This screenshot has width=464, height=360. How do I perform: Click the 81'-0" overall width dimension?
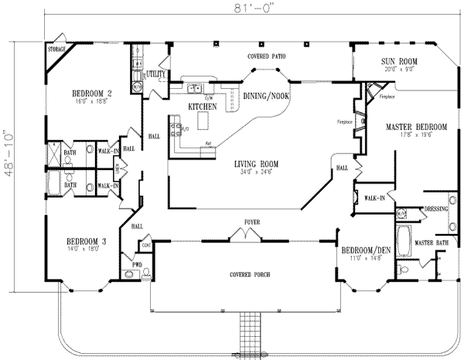coord(233,8)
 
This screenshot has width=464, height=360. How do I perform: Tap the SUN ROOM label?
coord(398,60)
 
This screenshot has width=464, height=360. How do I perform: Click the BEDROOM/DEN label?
coord(362,251)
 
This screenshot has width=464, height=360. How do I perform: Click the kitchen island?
coord(205,122)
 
